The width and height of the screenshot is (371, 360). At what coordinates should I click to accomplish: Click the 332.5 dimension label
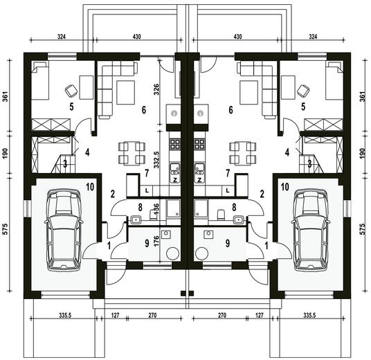coord(156,160)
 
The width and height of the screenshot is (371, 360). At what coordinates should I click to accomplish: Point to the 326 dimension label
coord(156,89)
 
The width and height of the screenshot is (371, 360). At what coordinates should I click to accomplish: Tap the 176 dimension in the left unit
coord(156,240)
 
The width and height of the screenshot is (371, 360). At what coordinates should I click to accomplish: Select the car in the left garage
coord(63,230)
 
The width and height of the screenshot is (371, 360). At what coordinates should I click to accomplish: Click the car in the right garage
coord(310,230)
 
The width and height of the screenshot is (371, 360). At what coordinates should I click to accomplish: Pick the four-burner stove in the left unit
coord(175,144)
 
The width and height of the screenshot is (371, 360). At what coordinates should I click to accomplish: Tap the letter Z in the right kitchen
coord(200,180)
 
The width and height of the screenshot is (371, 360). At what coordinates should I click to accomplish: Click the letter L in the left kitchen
coord(147,190)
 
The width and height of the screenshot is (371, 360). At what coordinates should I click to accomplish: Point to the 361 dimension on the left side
coord(6,96)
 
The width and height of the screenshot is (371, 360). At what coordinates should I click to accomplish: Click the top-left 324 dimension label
coord(62,37)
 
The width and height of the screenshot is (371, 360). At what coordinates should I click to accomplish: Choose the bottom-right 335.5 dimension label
coord(309,315)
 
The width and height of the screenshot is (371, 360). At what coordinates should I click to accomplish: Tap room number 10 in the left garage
coord(90,187)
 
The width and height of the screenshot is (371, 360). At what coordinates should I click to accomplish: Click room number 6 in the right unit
coord(230,110)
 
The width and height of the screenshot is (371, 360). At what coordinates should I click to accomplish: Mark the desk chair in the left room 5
coord(71,91)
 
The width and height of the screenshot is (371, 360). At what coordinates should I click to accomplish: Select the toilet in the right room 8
coord(221,215)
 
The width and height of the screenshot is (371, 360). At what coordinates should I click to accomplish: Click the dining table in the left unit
coord(132,154)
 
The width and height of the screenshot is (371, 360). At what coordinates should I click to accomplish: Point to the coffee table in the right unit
coord(248,93)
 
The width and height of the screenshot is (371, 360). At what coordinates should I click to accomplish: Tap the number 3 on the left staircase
coord(65,164)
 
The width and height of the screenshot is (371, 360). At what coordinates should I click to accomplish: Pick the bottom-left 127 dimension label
coord(115,315)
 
